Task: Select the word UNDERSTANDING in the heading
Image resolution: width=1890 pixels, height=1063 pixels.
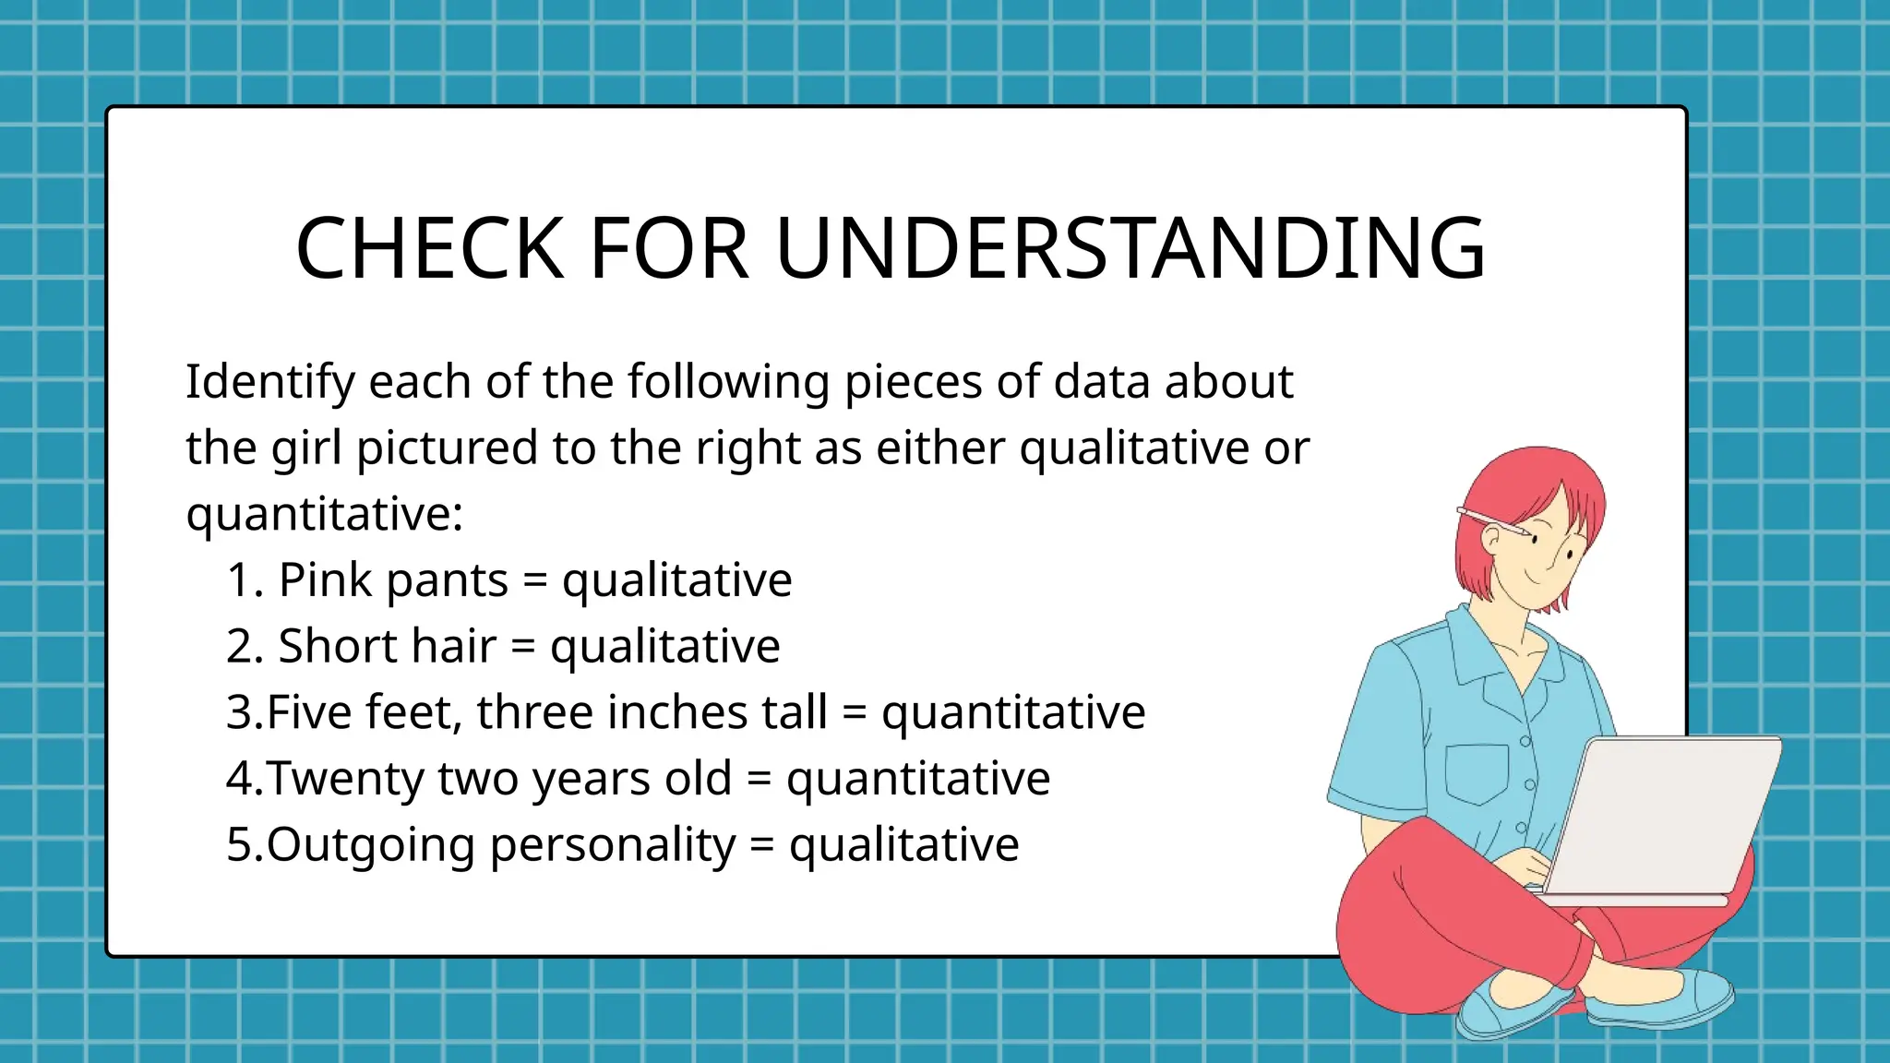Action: (1130, 248)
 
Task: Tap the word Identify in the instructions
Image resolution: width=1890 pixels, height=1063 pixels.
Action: (270, 382)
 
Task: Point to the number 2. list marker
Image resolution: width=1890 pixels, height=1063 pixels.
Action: (245, 647)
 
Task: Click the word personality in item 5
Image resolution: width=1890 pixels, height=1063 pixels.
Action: (613, 845)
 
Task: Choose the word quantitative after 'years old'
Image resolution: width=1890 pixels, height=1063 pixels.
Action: (917, 779)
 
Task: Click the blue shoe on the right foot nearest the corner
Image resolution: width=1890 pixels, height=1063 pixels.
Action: (1661, 1001)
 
